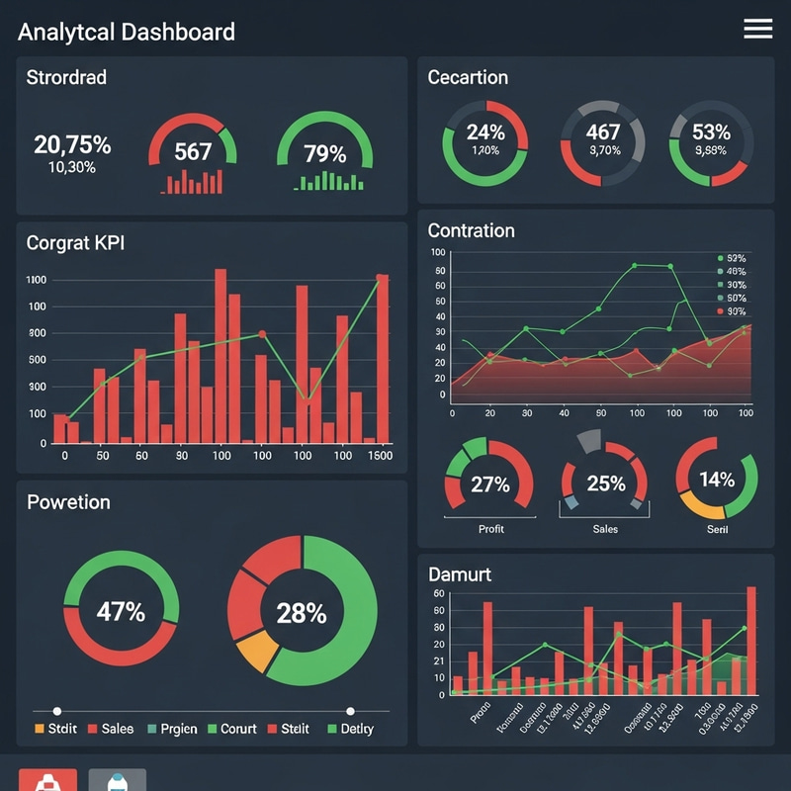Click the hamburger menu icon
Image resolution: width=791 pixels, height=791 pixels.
(x=757, y=30)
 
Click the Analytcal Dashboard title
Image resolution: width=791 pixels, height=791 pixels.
(x=127, y=32)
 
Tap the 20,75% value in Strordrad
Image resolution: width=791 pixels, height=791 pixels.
(x=72, y=145)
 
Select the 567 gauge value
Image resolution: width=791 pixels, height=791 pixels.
(x=193, y=151)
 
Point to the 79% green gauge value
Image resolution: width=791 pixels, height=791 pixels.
(x=325, y=153)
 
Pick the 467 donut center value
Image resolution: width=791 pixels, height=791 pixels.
(x=603, y=132)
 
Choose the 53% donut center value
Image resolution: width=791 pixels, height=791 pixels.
(x=711, y=132)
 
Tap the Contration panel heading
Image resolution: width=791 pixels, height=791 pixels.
(x=471, y=230)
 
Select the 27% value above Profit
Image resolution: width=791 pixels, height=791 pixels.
(x=490, y=484)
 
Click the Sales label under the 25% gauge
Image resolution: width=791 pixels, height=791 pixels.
(x=605, y=529)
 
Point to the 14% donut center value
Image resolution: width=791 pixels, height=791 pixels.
(x=717, y=480)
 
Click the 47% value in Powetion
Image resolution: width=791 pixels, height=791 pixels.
(x=121, y=611)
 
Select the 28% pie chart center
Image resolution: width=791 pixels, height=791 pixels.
(x=301, y=613)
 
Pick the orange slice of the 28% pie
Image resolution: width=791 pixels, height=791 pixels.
(x=256, y=653)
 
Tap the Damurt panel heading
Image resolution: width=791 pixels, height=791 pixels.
(x=460, y=573)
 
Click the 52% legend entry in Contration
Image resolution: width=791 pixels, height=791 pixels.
(x=734, y=257)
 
